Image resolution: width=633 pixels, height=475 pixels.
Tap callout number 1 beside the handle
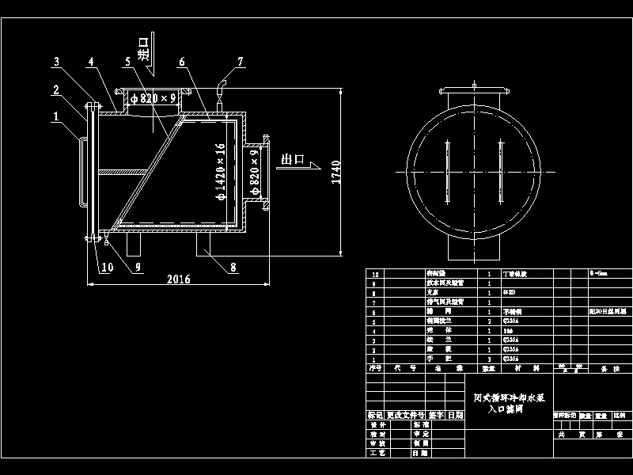(55, 116)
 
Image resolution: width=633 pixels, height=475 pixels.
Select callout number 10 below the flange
(107, 267)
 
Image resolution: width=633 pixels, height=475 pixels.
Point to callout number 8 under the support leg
(233, 267)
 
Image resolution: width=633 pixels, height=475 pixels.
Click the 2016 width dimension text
(179, 279)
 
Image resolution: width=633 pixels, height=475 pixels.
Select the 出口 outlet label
(293, 159)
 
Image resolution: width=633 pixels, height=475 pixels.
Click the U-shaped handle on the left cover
(81, 170)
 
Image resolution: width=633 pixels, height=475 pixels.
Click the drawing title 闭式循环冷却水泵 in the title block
(510, 400)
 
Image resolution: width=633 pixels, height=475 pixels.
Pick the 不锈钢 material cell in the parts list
(523, 312)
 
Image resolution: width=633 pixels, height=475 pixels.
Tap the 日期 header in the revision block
(455, 415)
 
